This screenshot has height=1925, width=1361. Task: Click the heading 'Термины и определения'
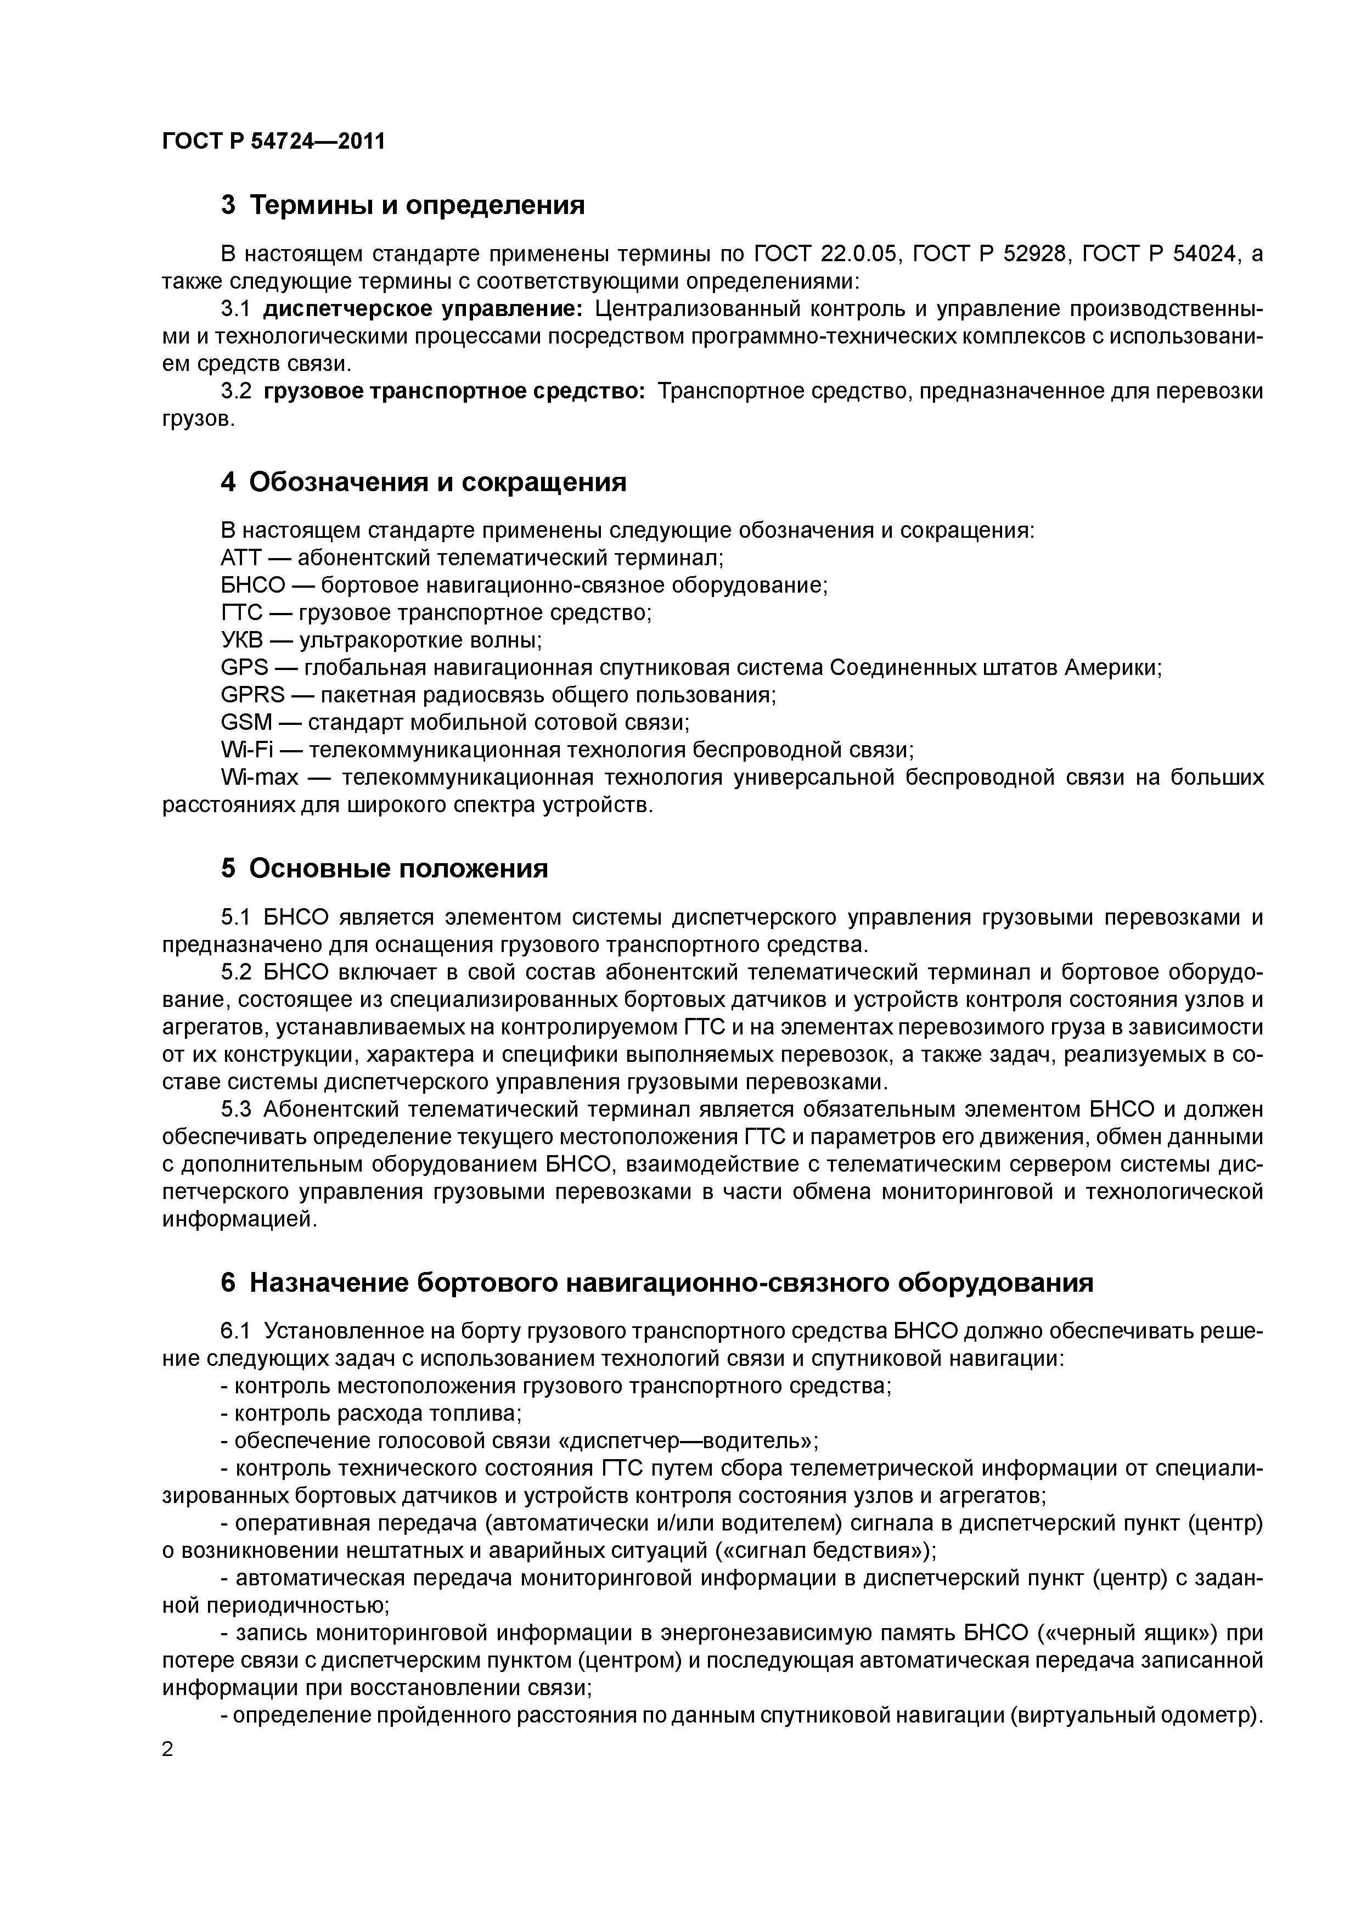(x=417, y=205)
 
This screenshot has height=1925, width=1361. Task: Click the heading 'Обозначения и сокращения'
(x=438, y=482)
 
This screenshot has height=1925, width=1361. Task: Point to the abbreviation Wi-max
(x=259, y=777)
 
